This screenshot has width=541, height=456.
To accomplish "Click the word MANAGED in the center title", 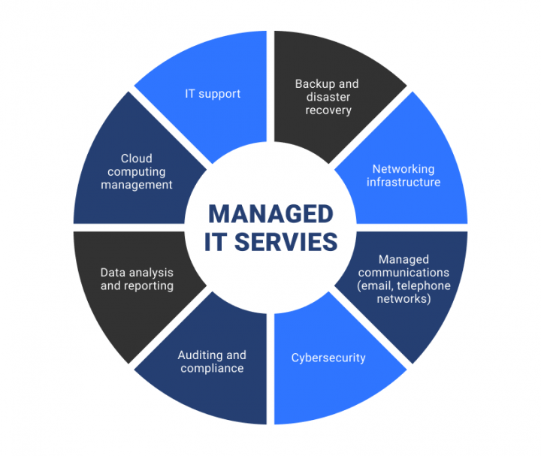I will (x=270, y=214).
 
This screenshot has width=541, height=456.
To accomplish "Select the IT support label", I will (x=213, y=94).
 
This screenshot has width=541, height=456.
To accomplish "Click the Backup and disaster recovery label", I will (x=327, y=97).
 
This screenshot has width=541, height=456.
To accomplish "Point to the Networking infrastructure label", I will (x=403, y=175).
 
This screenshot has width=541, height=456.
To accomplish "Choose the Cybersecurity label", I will (x=328, y=358).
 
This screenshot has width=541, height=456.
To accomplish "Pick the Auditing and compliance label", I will (x=211, y=361).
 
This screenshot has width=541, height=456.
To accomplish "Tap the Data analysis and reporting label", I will (x=137, y=279).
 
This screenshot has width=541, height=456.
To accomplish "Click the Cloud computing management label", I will (x=136, y=171).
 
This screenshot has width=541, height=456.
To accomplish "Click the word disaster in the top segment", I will (x=327, y=97).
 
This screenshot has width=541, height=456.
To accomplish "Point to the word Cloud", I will (x=136, y=159).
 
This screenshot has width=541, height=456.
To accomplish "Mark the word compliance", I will (x=211, y=368).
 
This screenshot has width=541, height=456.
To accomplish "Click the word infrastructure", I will (x=403, y=182).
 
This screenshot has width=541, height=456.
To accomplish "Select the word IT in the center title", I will (x=218, y=242).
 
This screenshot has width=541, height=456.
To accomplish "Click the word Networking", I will (x=403, y=168).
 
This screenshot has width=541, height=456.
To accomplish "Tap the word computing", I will (x=136, y=171).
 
